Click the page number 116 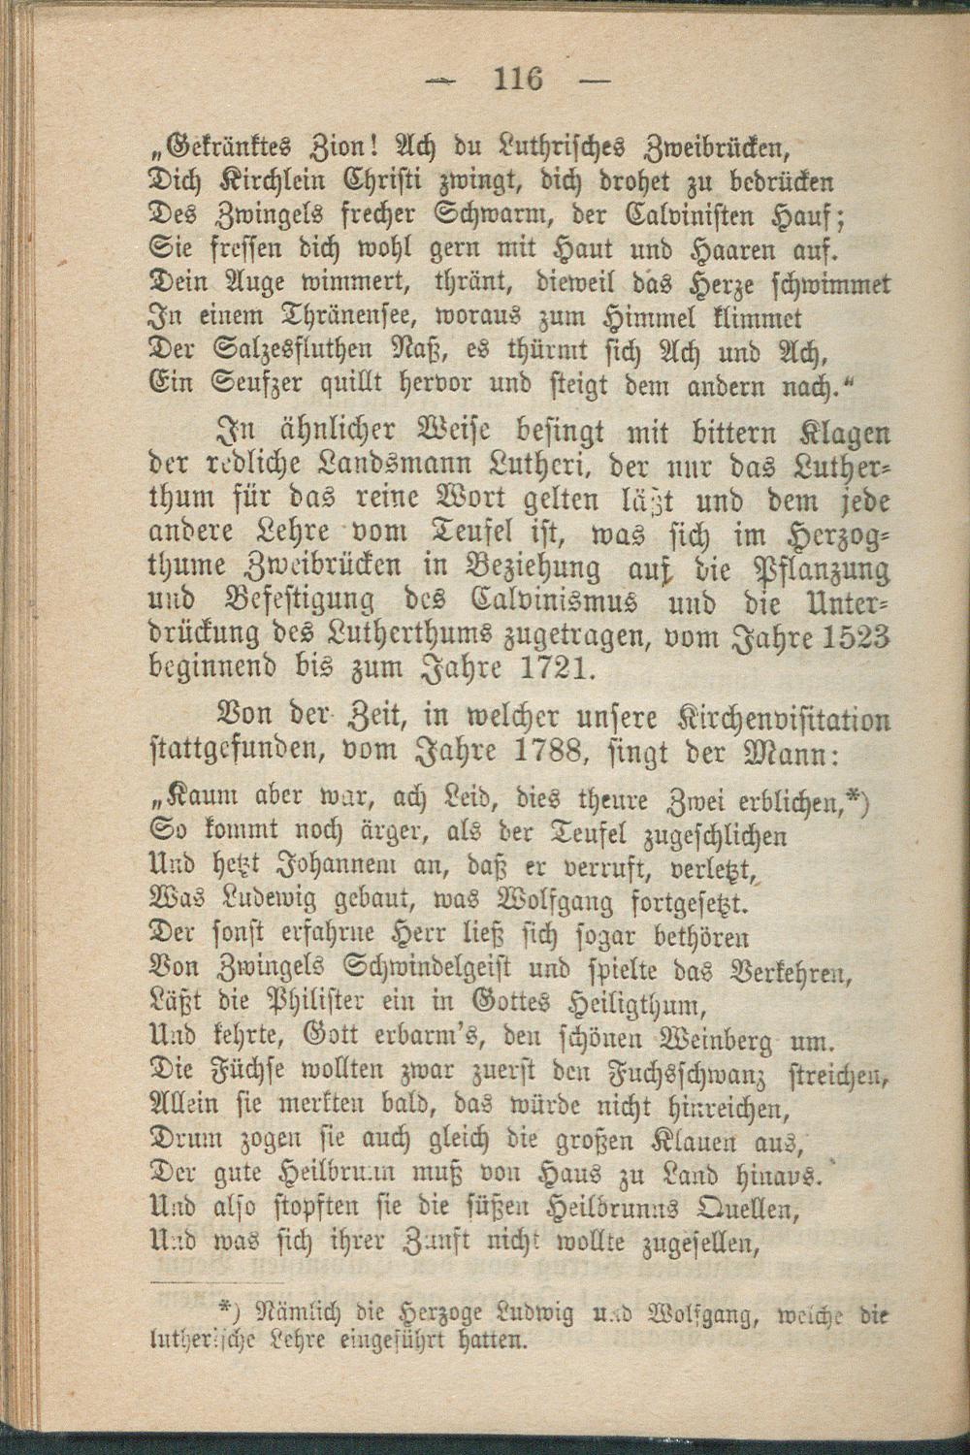(x=518, y=77)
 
